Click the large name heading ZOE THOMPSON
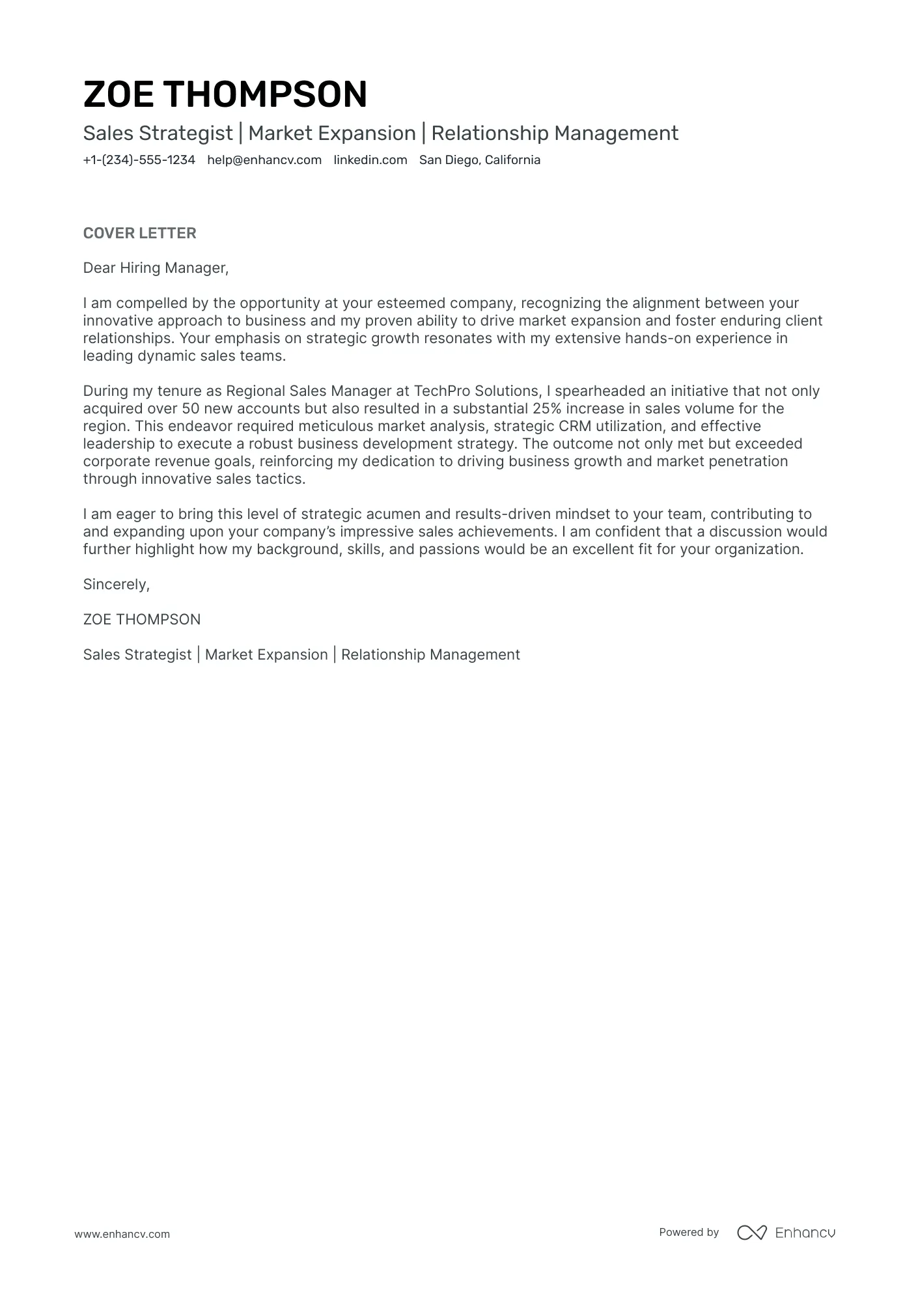(225, 94)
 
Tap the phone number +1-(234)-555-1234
(139, 160)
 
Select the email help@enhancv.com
(264, 160)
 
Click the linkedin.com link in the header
(370, 160)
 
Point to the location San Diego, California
(479, 160)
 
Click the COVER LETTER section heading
(139, 233)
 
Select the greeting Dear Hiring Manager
(156, 268)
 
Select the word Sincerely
(116, 585)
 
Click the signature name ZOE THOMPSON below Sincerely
(142, 620)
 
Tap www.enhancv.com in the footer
(122, 1234)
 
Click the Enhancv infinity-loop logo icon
(751, 1233)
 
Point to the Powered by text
(688, 1232)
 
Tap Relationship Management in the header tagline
(555, 133)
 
